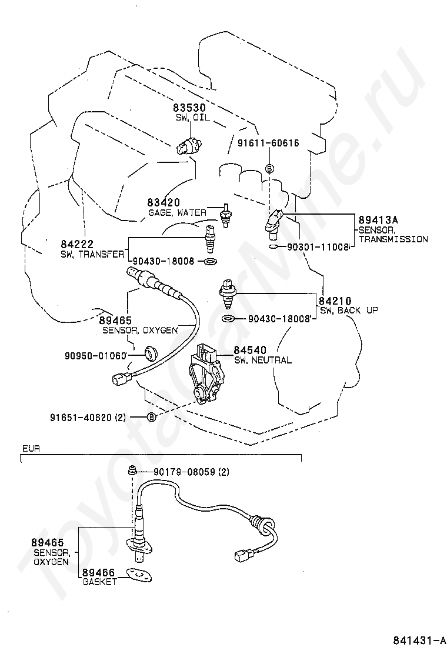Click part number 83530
(x=189, y=108)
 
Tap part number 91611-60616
(x=268, y=143)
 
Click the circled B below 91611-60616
(x=269, y=168)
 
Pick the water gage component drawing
(x=224, y=215)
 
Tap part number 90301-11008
(x=318, y=247)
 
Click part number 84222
(x=77, y=243)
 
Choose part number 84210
(x=335, y=301)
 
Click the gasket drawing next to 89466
(x=139, y=574)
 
